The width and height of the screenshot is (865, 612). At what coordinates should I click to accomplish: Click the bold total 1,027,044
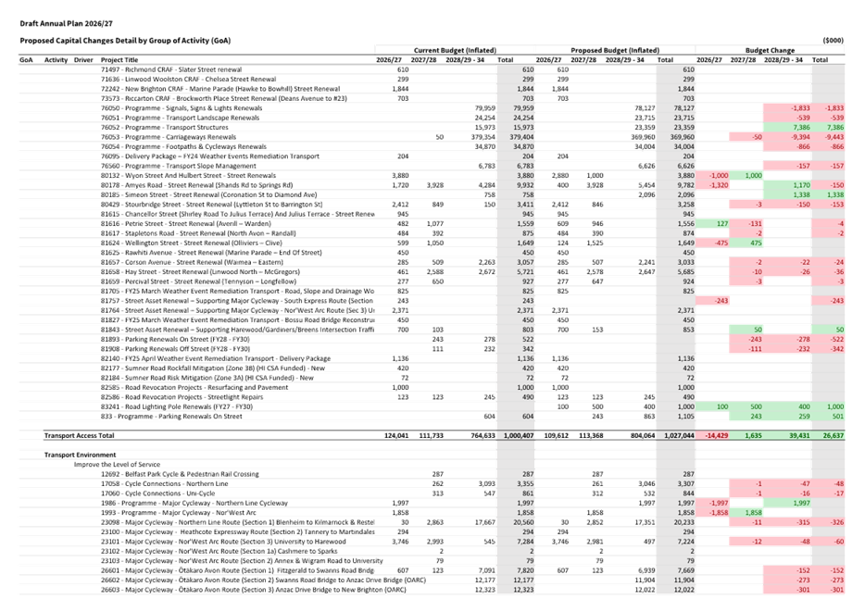pos(673,434)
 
